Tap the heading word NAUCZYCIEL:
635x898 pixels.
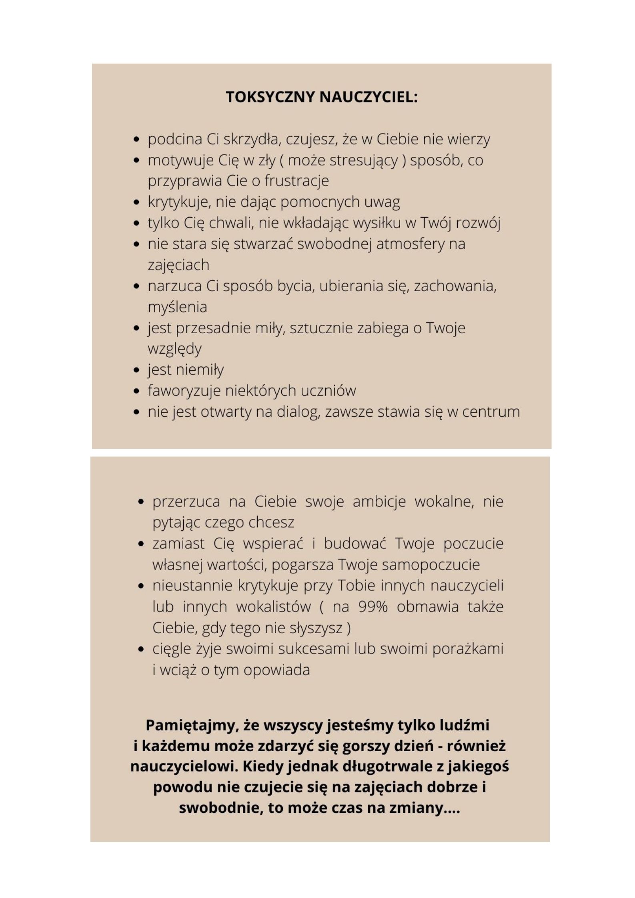[x=369, y=97]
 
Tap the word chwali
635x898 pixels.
[x=232, y=223]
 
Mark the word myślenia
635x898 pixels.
[x=177, y=307]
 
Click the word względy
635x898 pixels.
[x=174, y=349]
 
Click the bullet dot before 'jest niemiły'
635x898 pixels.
[x=136, y=370]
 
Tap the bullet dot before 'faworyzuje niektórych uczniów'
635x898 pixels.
[x=136, y=391]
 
